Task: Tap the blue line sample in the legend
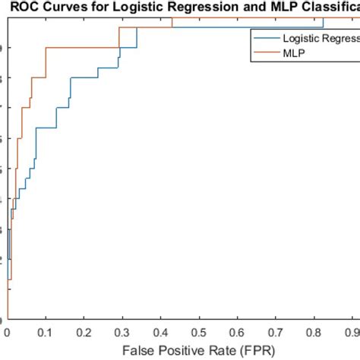tap(266, 37)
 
